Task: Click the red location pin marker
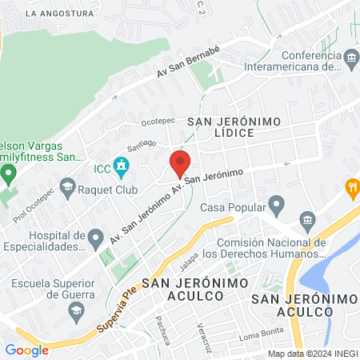coord(180,163)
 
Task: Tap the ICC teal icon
coord(121,168)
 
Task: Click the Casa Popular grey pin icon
coord(276,207)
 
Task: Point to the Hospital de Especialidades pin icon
coord(96,236)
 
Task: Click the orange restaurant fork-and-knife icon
coord(350,189)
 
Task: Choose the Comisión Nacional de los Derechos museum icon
coord(306,220)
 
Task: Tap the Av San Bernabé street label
coord(188,62)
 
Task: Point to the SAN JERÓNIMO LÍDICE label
coord(231,127)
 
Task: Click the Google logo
coord(26,350)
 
